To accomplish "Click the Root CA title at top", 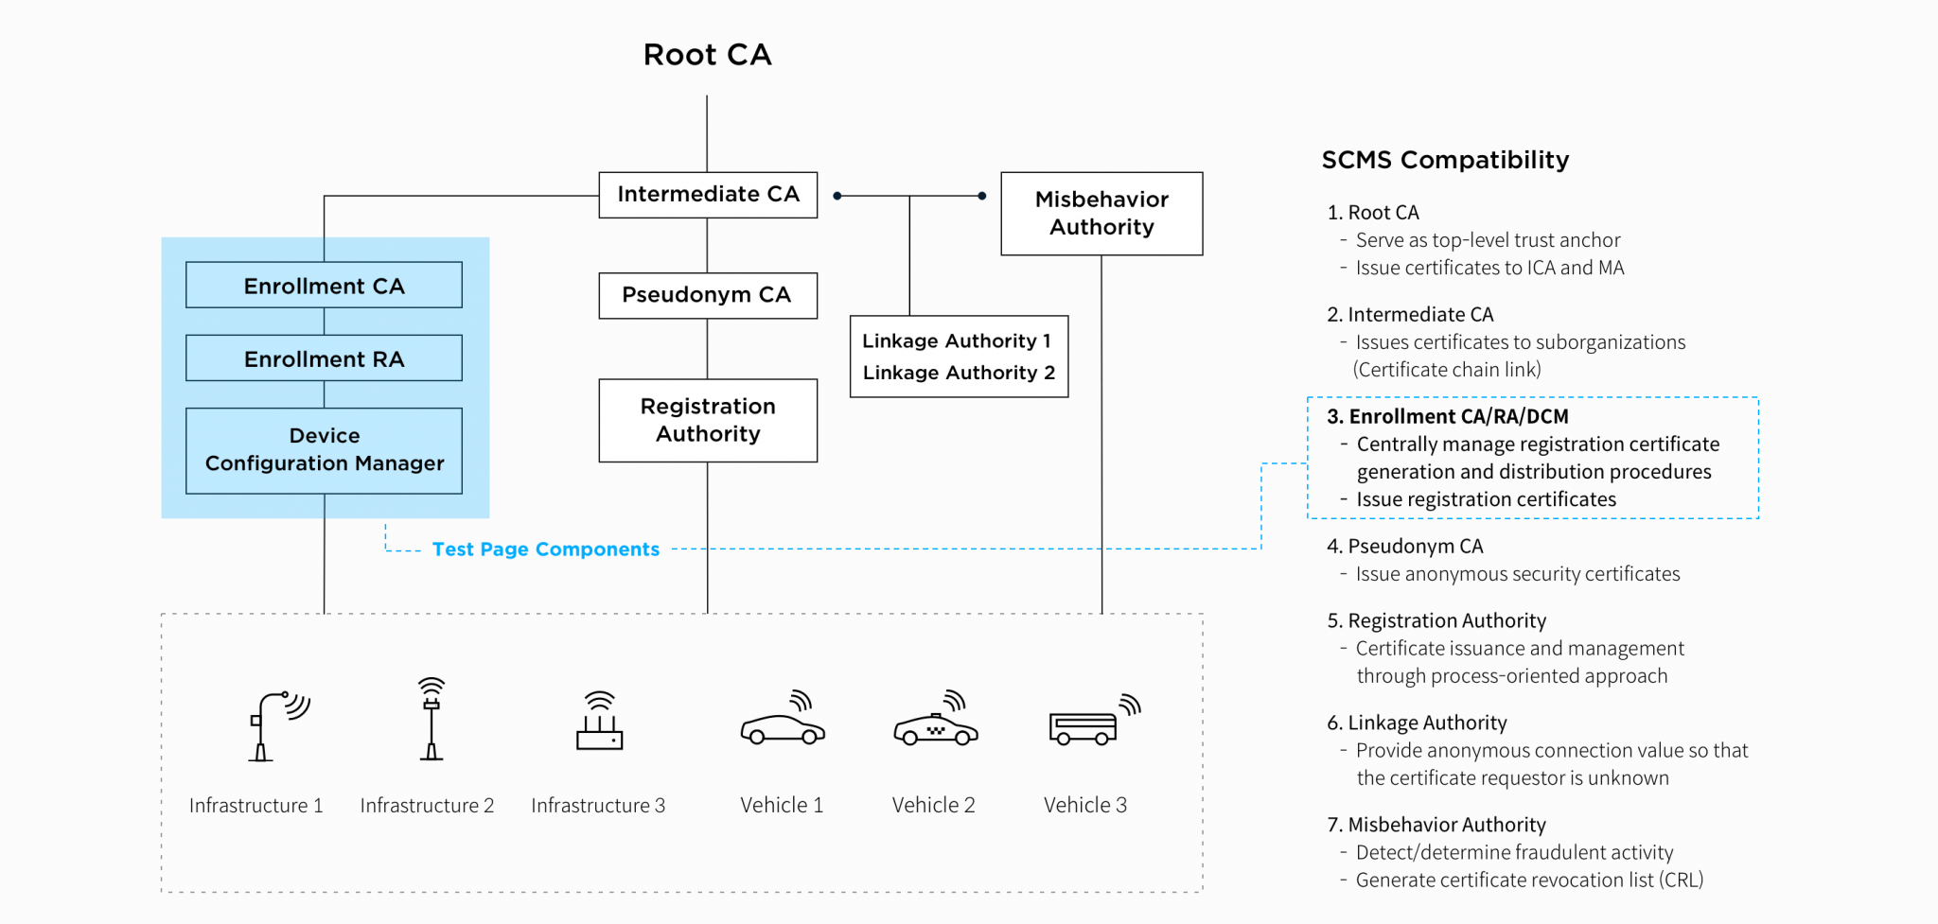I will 707,55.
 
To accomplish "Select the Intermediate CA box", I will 708,195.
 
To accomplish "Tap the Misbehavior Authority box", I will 1101,214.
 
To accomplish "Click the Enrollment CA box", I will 324,286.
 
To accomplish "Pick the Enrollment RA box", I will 324,358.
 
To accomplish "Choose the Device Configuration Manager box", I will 324,450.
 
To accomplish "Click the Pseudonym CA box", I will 708,295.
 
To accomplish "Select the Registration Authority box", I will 708,420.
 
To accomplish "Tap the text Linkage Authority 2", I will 958,373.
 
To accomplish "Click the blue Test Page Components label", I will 545,549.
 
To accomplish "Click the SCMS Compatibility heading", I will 1445,160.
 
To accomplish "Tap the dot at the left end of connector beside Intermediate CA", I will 837,196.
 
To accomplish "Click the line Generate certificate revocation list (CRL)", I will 1528,880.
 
